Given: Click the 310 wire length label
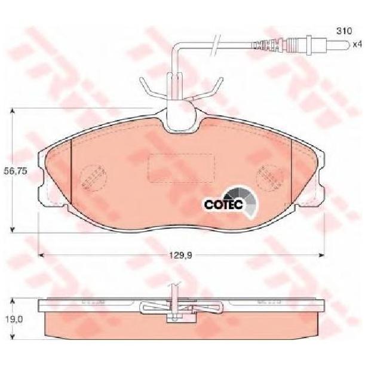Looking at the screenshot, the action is [344, 30].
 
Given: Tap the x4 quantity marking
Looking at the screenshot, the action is [357, 44].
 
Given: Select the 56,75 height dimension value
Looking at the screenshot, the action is [16, 171].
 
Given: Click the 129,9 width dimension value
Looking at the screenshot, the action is [180, 256].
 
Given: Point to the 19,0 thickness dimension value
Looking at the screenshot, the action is [14, 320].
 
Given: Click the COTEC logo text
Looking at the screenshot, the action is [223, 204].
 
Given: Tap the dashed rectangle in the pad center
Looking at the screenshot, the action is [182, 168].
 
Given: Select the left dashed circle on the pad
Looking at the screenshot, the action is [93, 178].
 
